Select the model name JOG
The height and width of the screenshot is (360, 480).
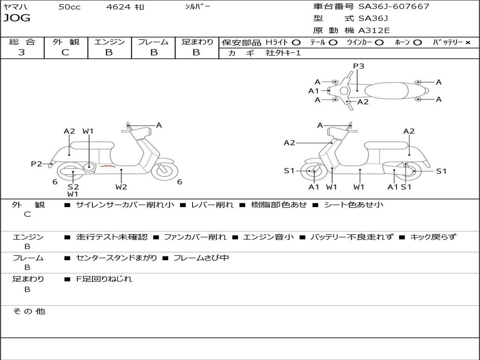tap(16, 18)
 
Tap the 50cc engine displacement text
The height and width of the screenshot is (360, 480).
tap(69, 7)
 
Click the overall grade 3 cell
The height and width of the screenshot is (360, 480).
tap(22, 52)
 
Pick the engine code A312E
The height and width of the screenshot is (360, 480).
tap(374, 31)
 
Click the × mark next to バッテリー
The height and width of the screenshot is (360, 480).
tap(468, 42)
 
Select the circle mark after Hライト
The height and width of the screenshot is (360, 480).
tap(296, 42)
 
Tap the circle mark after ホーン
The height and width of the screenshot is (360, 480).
tap(417, 42)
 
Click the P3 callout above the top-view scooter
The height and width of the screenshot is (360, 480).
tap(359, 66)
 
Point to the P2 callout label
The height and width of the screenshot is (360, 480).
tap(37, 164)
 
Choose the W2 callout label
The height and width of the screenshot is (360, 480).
tap(121, 187)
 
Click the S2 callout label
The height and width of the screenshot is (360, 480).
tap(73, 187)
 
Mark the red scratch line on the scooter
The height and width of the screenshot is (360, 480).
tap(108, 165)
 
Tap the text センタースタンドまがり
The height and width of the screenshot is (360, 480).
tap(116, 258)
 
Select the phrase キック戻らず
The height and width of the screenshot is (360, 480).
tap(433, 237)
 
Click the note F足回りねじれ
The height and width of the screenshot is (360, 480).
tap(104, 279)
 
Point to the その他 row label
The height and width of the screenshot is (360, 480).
tap(29, 311)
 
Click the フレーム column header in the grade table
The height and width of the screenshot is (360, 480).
tap(153, 42)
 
